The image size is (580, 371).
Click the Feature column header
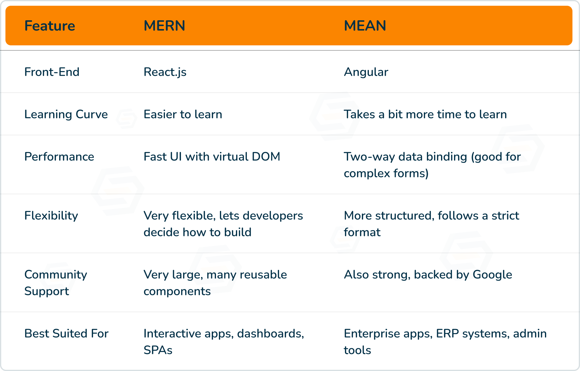click(50, 26)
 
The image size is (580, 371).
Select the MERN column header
click(164, 26)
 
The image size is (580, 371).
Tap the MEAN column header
click(365, 26)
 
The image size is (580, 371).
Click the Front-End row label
click(52, 72)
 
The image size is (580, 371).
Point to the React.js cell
click(165, 72)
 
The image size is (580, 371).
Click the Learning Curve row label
click(66, 115)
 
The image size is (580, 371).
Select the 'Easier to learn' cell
click(183, 114)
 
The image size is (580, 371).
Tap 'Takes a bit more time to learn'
click(425, 114)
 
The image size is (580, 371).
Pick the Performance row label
click(59, 157)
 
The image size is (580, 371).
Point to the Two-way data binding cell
click(432, 165)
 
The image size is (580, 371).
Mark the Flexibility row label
click(51, 216)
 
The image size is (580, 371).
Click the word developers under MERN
click(273, 216)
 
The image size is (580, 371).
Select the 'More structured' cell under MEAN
click(431, 224)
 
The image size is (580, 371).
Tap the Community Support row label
click(56, 283)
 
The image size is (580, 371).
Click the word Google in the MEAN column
click(492, 275)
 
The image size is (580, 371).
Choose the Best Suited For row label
click(66, 334)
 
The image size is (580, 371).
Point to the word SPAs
click(158, 350)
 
